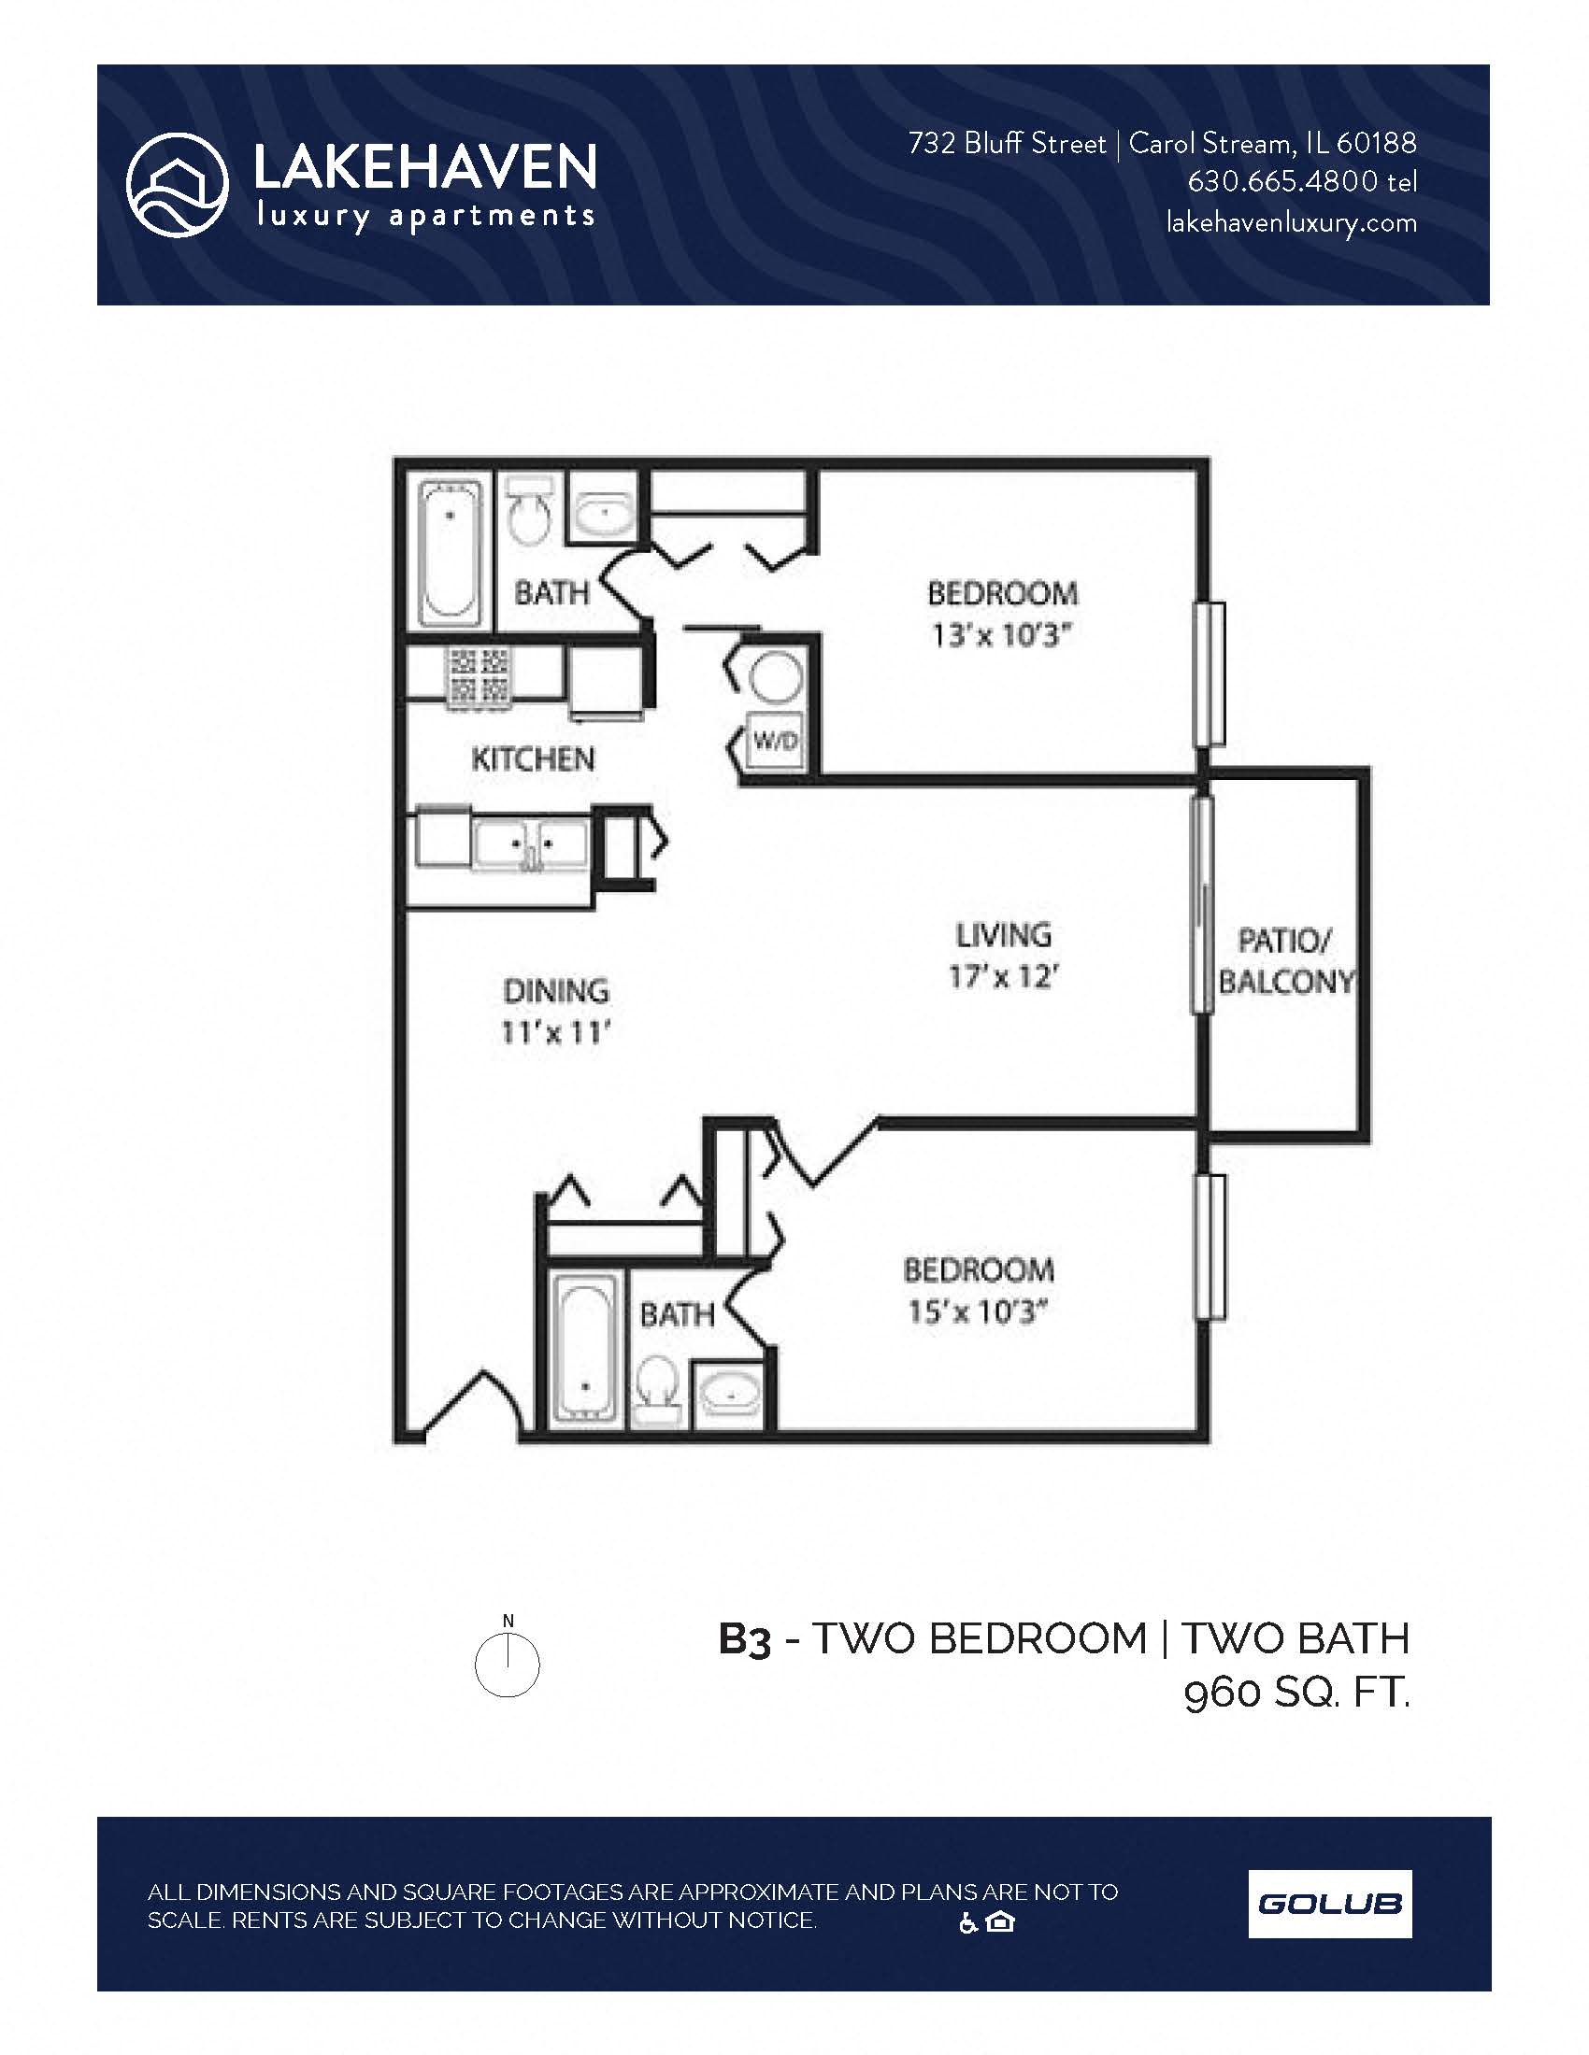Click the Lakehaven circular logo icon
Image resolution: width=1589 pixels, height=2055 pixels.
coord(177,184)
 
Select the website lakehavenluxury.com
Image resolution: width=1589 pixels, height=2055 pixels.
coord(1291,223)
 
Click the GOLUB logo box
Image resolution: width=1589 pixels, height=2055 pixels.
coord(1329,1905)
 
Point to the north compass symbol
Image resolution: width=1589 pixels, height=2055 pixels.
coord(508,1665)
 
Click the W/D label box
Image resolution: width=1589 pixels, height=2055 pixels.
coord(776,741)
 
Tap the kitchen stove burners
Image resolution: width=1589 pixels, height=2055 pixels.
coord(480,675)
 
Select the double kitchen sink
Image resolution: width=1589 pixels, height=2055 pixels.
coord(530,844)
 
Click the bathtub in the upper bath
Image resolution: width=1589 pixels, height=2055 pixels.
coord(450,552)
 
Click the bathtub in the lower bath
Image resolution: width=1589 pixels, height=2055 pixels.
coord(584,1348)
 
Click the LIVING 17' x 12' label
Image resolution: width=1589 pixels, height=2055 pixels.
coord(1004,956)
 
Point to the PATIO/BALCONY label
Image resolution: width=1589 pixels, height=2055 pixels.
coord(1285,960)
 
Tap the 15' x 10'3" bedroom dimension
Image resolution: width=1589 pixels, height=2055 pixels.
coord(977,1311)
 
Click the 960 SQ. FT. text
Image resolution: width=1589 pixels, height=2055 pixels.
coord(1296,1694)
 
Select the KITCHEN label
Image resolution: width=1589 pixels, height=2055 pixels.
coord(533,759)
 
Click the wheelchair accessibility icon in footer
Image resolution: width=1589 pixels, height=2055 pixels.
coord(967,1923)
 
